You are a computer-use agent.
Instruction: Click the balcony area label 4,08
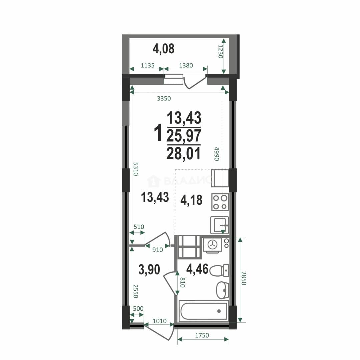pos(163,49)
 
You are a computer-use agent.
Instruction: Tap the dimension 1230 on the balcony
pos(220,51)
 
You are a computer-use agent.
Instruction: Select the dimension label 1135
pos(147,65)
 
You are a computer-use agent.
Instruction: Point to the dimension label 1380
pos(186,65)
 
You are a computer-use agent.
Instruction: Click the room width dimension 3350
pos(164,98)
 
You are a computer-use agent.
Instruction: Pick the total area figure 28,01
pos(184,153)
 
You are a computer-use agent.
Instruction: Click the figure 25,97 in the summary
pos(184,136)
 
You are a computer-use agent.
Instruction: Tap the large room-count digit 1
pos(158,133)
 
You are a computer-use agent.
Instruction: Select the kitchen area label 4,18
pos(191,200)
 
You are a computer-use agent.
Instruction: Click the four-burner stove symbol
pos(220,202)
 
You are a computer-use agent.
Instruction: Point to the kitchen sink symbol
pos(219,225)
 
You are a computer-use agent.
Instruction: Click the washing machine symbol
pos(212,245)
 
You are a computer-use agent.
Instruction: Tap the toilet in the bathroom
pos(219,270)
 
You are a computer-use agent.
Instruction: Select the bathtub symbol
pos(204,311)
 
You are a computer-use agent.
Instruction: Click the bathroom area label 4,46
pos(197,269)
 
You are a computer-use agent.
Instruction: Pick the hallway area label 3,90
pos(149,270)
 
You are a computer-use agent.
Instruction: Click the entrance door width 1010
pos(160,321)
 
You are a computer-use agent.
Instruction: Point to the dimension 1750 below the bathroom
pos(202,335)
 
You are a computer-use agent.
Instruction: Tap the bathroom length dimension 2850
pos(244,278)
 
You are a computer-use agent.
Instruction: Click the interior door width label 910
pos(157,250)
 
